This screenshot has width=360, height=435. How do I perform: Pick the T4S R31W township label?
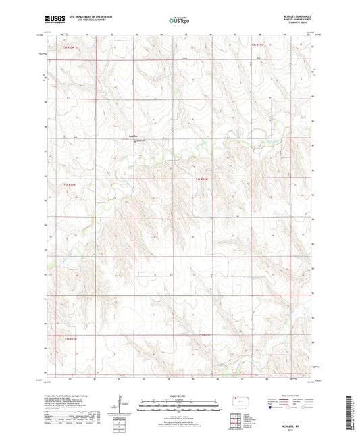click(203, 179)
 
